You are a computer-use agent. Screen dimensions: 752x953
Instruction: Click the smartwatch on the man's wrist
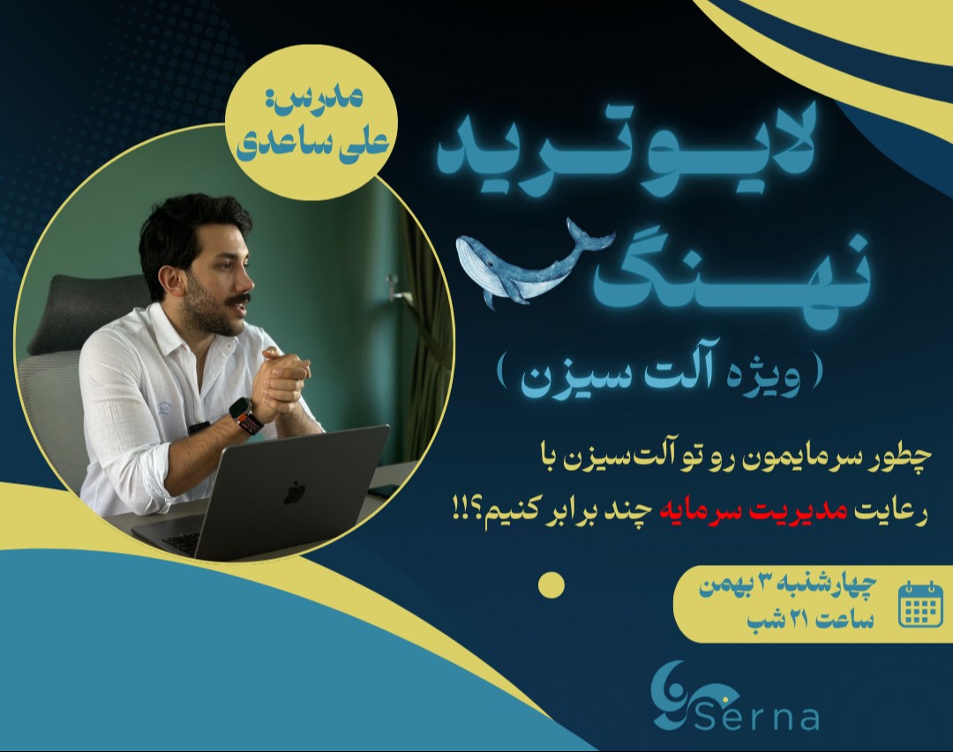click(x=244, y=414)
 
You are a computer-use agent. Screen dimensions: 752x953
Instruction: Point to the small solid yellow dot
click(x=551, y=585)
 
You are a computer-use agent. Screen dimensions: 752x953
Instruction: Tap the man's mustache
click(x=236, y=301)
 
